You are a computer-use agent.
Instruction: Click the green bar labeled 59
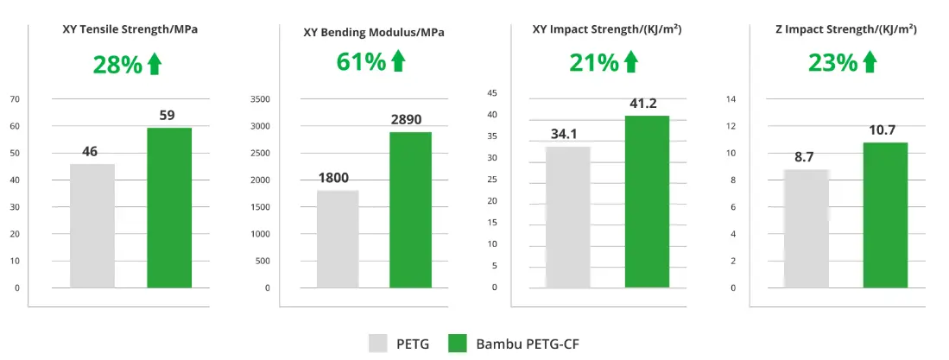click(x=169, y=207)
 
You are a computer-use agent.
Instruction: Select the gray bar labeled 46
click(x=92, y=225)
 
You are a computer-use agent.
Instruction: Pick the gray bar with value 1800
click(x=338, y=238)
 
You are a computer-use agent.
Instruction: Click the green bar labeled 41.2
click(x=647, y=201)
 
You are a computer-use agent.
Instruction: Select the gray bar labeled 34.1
click(x=568, y=217)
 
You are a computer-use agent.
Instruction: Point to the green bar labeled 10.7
click(x=885, y=215)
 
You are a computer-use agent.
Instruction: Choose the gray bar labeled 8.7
click(x=807, y=228)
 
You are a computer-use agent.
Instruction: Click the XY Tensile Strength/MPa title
click(x=130, y=29)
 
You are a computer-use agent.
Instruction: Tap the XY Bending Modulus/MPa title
click(x=374, y=33)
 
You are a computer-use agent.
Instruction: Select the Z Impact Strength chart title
click(x=845, y=29)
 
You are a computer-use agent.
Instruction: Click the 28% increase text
click(x=117, y=64)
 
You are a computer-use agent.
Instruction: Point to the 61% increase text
click(x=361, y=61)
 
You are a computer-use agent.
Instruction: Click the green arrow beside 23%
click(x=869, y=61)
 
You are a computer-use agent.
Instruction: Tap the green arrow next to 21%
click(x=630, y=61)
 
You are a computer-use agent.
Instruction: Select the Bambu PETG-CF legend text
click(x=528, y=344)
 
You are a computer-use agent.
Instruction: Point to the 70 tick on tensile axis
click(x=15, y=99)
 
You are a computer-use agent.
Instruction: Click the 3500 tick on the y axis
click(x=260, y=99)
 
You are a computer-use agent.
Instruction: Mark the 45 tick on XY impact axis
click(x=492, y=93)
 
